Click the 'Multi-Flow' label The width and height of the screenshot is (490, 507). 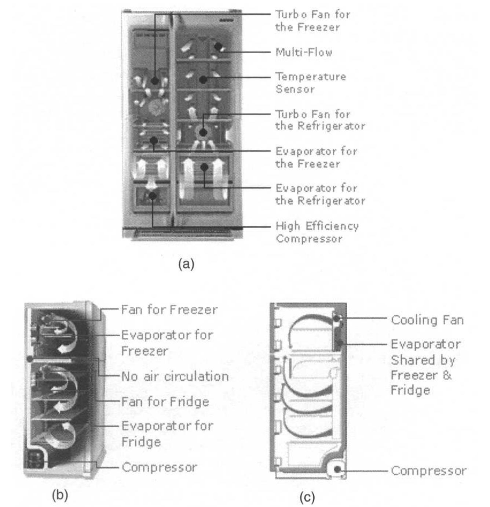(x=304, y=52)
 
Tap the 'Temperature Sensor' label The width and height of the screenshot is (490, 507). (x=311, y=83)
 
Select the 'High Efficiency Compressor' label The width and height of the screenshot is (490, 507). (x=317, y=232)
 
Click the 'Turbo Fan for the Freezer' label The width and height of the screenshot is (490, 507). (x=312, y=21)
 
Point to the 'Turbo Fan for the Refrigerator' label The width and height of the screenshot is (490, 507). (x=320, y=120)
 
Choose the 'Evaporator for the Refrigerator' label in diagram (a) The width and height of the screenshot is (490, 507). (x=320, y=195)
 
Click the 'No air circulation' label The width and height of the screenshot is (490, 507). (x=175, y=376)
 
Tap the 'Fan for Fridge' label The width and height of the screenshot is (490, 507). (x=165, y=402)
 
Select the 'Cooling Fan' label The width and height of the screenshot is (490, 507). (x=427, y=320)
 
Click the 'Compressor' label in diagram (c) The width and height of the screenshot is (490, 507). (x=428, y=471)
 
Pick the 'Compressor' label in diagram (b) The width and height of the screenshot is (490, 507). (x=159, y=467)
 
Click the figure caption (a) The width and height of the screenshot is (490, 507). (x=186, y=264)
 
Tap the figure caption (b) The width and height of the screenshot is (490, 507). (x=60, y=495)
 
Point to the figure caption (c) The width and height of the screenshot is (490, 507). (x=307, y=497)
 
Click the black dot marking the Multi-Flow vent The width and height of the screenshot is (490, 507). (x=218, y=47)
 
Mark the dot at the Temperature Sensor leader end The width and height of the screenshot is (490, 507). (x=203, y=79)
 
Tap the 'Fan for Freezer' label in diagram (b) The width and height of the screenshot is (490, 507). (x=169, y=310)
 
